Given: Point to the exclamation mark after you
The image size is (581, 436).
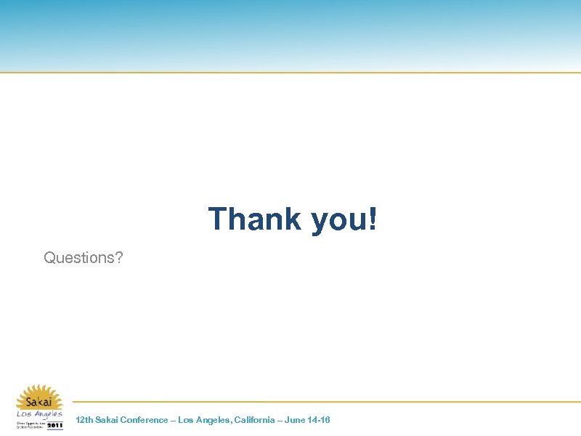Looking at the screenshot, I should tap(373, 219).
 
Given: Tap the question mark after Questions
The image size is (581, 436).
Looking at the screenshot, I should tap(119, 257).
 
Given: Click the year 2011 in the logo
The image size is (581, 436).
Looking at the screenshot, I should tap(55, 425).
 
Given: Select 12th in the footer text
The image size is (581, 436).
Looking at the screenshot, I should tap(84, 420).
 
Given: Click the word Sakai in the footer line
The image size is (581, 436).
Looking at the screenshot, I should tap(107, 420).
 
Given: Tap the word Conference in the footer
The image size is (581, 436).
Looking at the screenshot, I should tap(144, 420).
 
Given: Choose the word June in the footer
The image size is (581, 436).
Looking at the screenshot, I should tap(293, 420).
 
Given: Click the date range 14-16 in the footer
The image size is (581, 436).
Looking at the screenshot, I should tap(318, 420).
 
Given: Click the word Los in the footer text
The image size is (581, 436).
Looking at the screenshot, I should tap(185, 420).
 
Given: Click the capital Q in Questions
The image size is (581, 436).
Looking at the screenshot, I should tap(49, 257).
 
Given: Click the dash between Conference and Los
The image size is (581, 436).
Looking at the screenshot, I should tap(172, 420).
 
